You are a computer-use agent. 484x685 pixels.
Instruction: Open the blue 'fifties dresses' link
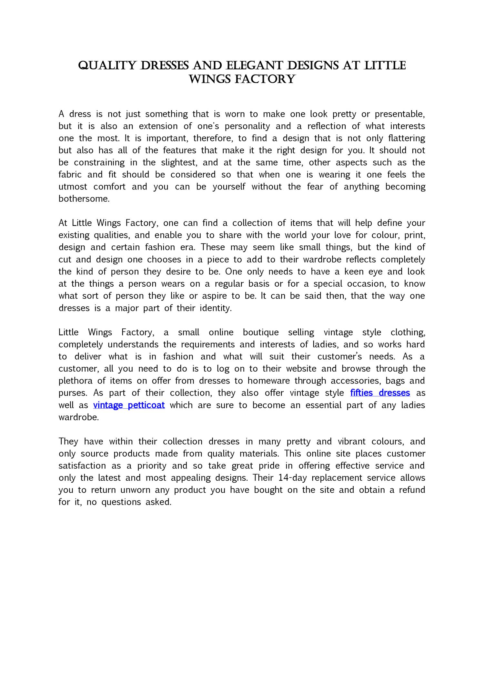pyautogui.click(x=380, y=393)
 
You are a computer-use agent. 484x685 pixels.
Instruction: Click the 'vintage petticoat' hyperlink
pyautogui.click(x=129, y=405)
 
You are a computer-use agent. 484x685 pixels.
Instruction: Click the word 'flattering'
pyautogui.click(x=407, y=138)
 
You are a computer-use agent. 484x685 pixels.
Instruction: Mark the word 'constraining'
pyautogui.click(x=99, y=163)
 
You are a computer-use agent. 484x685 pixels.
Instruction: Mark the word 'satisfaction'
pyautogui.click(x=82, y=466)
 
